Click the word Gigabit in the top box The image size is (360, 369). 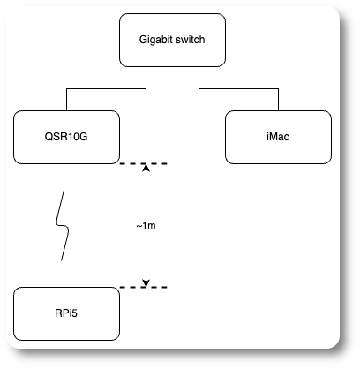tap(157, 41)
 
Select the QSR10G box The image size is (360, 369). tap(66, 137)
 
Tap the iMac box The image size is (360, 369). tap(278, 137)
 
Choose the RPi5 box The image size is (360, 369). tap(66, 313)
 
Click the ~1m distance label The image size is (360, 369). tap(146, 226)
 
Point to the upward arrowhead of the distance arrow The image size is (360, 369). tap(146, 169)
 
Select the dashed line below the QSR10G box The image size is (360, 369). tap(132, 164)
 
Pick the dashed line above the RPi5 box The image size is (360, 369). tap(132, 288)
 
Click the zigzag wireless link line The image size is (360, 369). tap(63, 225)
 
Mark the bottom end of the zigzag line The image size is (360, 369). tap(61, 260)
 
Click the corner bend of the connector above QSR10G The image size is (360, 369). tap(66, 88)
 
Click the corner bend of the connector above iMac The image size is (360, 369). tap(278, 88)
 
